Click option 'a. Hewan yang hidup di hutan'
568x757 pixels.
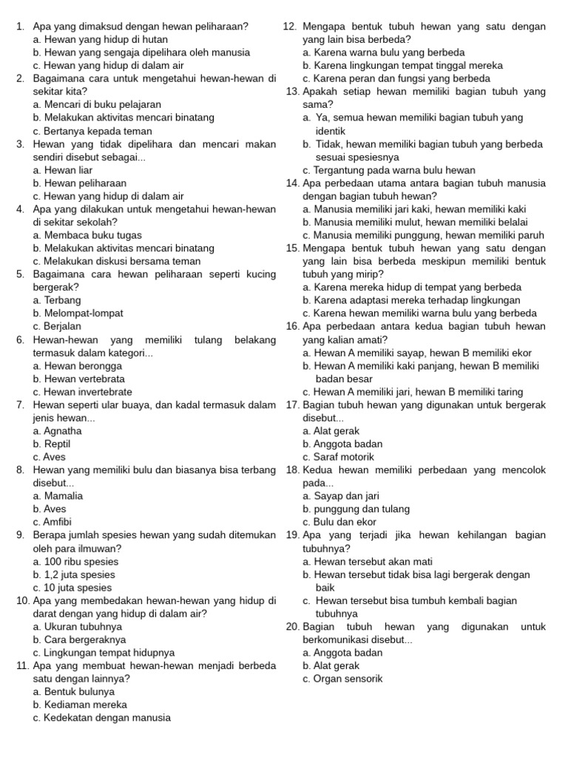[100, 39]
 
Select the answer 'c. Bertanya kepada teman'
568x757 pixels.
[92, 131]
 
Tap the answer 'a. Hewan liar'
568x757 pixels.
[63, 170]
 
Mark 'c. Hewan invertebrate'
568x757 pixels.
[83, 392]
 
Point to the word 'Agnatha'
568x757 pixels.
[63, 431]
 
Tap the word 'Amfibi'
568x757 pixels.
[60, 522]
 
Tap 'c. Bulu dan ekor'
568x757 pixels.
[339, 522]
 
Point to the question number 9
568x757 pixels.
[20, 535]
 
